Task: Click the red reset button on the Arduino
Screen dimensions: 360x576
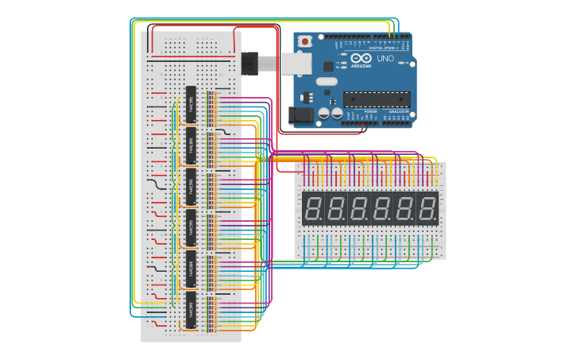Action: pos(305,41)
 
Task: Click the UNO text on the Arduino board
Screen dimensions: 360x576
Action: pos(385,59)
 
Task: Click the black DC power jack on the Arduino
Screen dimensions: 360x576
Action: pos(302,114)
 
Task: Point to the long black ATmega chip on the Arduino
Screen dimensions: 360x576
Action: pos(377,99)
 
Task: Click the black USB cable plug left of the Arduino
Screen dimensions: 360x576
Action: pos(250,62)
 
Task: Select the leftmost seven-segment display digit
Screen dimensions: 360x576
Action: pos(313,209)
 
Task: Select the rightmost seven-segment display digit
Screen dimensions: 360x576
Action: pos(427,209)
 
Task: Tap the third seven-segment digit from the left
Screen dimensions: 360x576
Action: pos(359,209)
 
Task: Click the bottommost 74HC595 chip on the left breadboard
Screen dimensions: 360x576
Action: pos(191,310)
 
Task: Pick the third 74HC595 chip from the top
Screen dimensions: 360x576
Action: pos(191,187)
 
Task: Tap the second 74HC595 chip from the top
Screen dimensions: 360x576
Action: pos(191,145)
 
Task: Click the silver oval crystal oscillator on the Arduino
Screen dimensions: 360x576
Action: pos(327,81)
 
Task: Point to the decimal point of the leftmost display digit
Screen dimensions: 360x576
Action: pos(321,220)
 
